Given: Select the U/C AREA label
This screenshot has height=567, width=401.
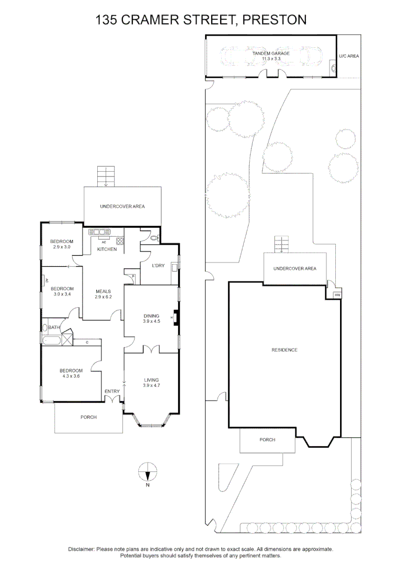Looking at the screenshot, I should click(349, 56).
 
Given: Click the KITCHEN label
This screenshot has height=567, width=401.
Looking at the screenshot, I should click(107, 249).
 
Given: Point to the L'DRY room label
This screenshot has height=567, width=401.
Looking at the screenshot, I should click(158, 266).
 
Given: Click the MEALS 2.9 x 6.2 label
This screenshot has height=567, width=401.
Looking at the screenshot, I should click(103, 294).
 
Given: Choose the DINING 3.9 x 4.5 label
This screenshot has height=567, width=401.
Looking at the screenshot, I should click(151, 319).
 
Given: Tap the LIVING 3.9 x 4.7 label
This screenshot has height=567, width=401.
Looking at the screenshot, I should click(151, 383).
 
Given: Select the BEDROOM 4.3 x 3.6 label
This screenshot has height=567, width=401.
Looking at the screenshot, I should click(71, 373).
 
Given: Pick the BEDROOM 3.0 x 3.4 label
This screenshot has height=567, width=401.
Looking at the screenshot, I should click(62, 291).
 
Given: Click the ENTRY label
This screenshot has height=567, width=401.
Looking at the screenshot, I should click(112, 391).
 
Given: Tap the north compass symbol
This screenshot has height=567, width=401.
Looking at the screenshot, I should click(148, 475).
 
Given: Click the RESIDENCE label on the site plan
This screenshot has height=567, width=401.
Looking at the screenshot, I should click(284, 350).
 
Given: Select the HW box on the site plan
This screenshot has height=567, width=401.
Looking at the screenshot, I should click(337, 295).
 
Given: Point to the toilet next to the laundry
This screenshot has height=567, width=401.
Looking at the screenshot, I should click(153, 238).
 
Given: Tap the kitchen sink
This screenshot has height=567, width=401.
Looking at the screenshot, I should click(100, 232).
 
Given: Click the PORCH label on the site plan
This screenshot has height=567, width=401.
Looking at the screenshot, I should click(268, 440).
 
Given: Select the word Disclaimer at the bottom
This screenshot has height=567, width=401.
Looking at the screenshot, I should click(81, 549).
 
